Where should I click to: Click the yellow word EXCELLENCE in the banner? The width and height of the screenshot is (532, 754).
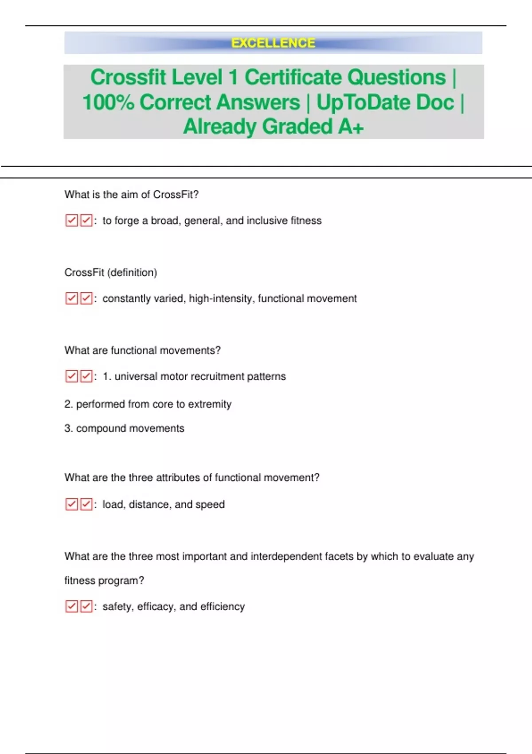coord(273,43)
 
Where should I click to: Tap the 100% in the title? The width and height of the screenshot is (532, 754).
coord(108,102)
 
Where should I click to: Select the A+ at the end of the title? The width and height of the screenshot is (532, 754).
coord(351,127)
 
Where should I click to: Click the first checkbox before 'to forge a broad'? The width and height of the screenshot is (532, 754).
coord(71,220)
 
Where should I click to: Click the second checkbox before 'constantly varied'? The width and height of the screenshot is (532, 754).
coord(86,298)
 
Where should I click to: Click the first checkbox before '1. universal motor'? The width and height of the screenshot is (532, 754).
coord(71,377)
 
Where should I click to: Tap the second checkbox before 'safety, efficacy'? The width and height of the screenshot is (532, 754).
coord(86,606)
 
